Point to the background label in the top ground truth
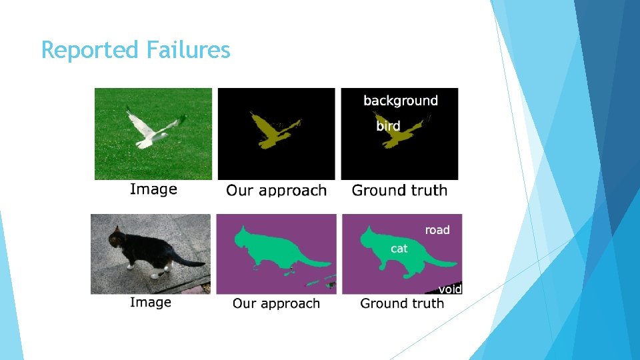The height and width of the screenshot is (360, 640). (x=401, y=101)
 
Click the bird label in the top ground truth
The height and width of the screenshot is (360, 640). (x=388, y=125)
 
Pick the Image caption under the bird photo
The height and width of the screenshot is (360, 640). (x=153, y=189)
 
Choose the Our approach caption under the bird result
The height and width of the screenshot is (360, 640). (x=276, y=191)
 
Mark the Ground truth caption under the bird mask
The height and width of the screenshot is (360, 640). (x=399, y=191)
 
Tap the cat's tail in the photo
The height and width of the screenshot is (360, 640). (x=190, y=261)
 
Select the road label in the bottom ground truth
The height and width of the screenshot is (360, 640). (x=437, y=230)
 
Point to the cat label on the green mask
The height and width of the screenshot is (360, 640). (x=399, y=249)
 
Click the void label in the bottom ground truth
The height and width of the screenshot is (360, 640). (x=450, y=289)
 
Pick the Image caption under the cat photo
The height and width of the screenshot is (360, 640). (x=151, y=303)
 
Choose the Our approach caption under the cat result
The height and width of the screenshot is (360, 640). (x=276, y=304)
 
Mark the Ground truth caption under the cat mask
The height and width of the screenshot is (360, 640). (x=402, y=304)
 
